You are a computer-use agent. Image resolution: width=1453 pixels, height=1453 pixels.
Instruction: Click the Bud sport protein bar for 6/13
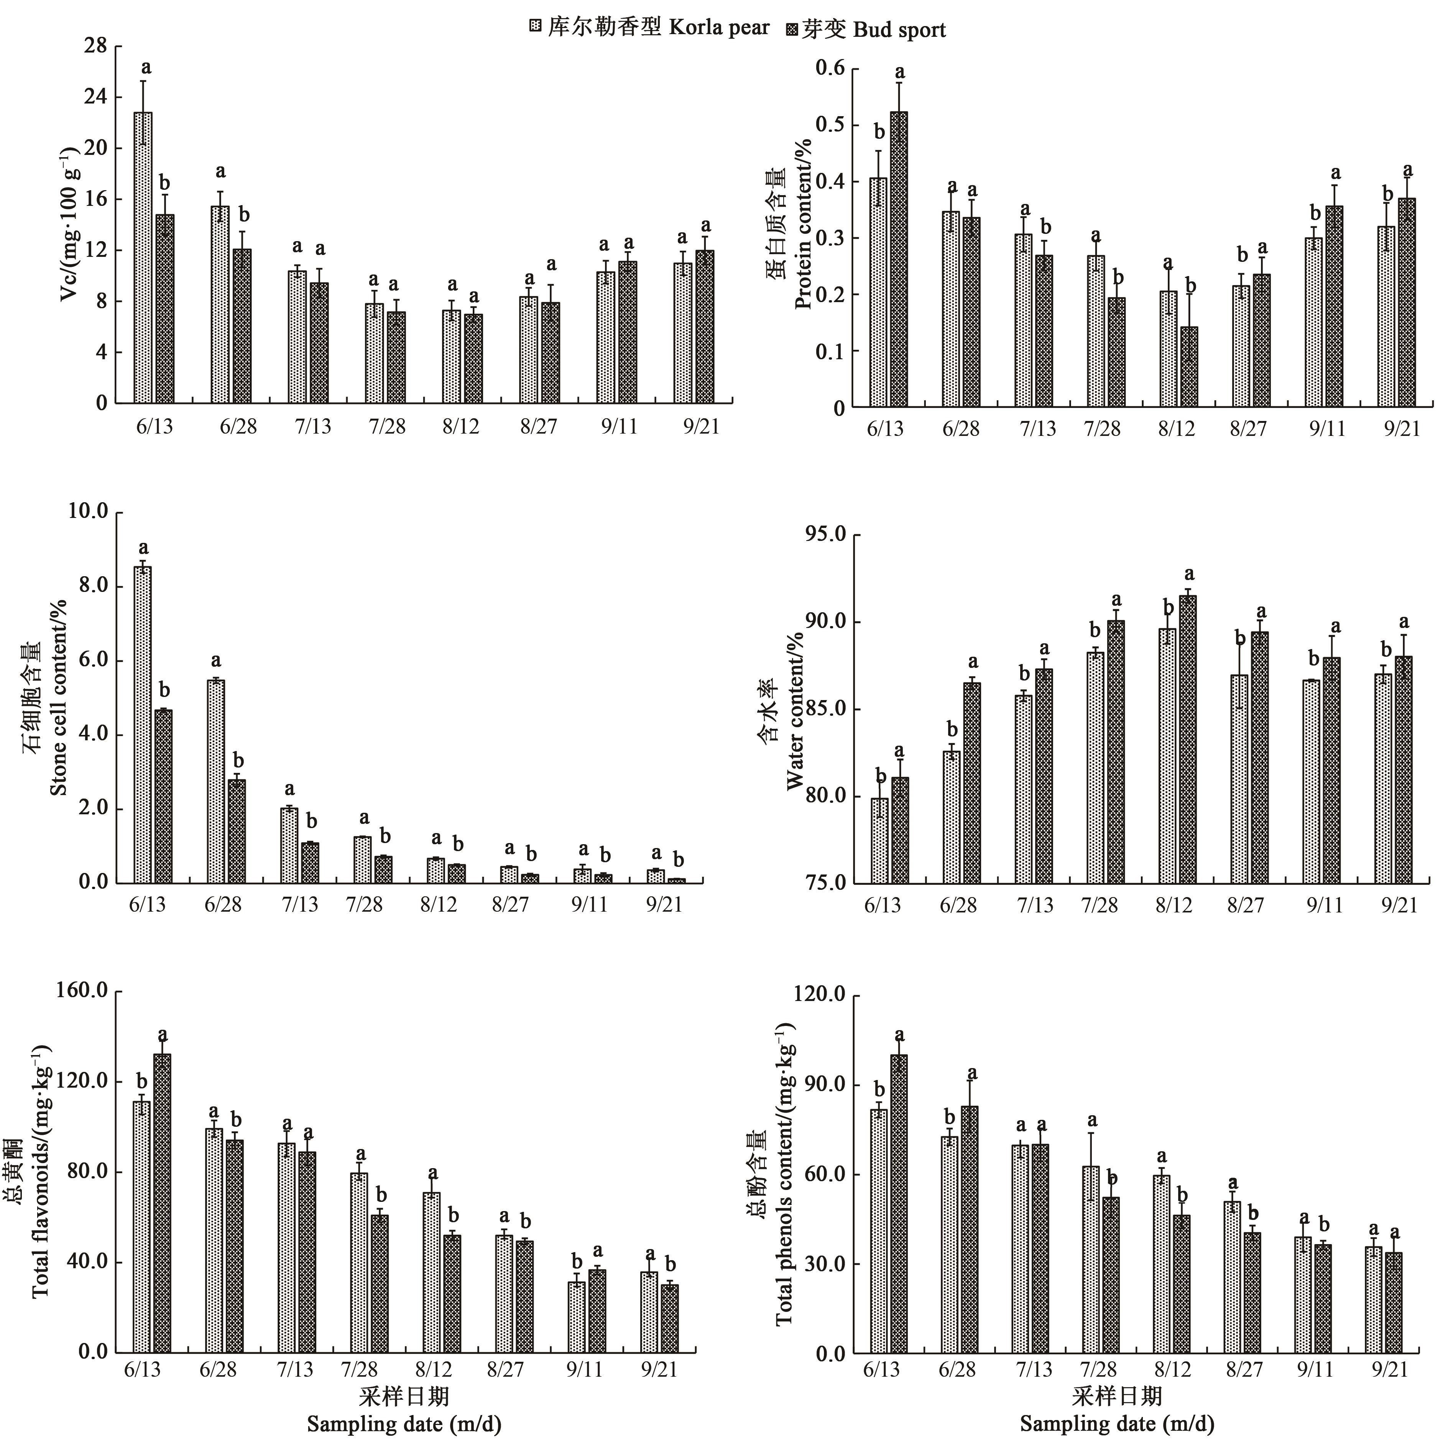(899, 260)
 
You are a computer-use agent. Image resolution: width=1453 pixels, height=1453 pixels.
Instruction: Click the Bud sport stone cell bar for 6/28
(237, 831)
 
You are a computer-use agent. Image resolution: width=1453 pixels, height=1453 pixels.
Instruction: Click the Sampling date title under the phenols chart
(1117, 1423)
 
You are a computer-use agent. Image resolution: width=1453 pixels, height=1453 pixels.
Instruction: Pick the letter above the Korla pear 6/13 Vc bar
(146, 68)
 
